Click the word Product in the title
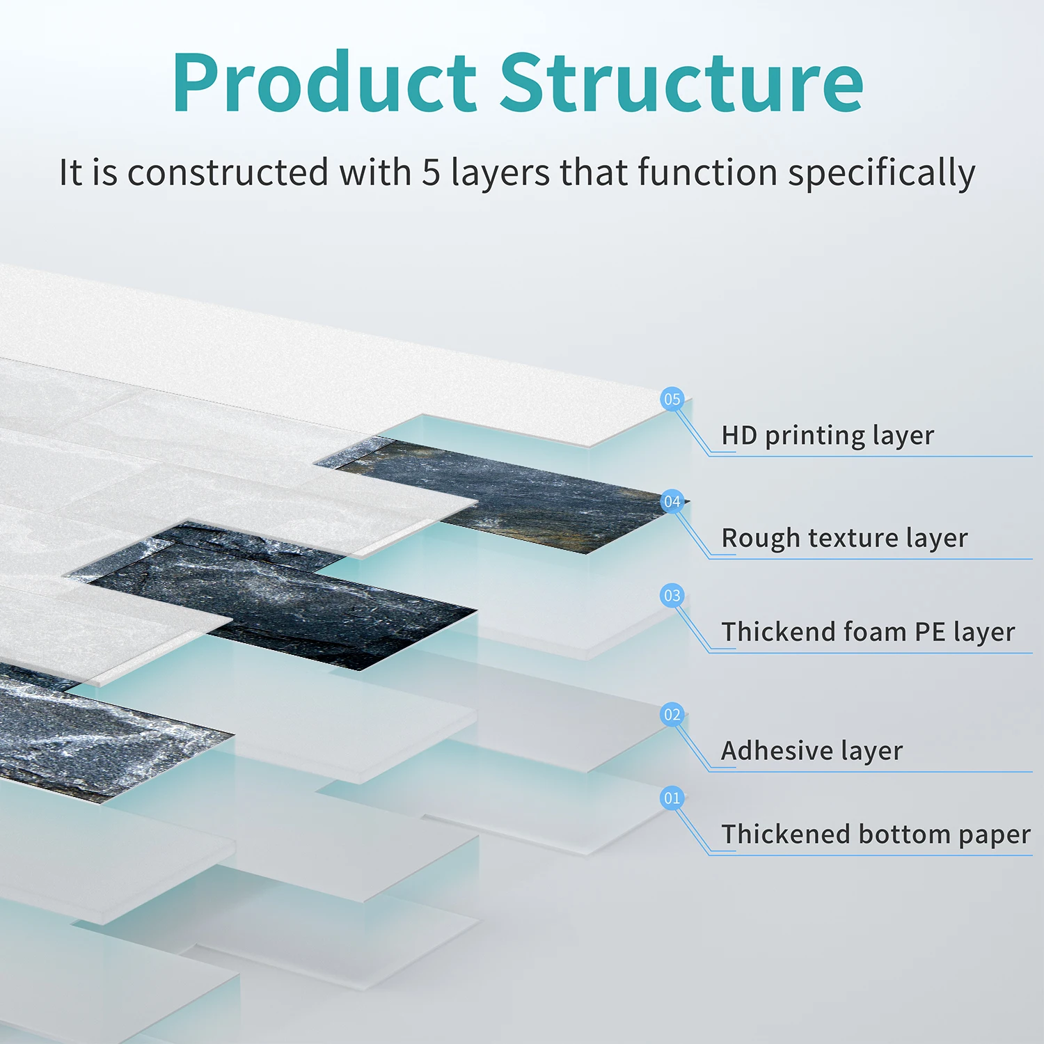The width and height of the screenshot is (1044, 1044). [x=324, y=82]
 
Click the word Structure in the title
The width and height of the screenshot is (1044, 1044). [x=681, y=82]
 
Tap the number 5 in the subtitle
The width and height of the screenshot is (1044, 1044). [x=432, y=172]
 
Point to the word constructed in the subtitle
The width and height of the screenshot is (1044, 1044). [x=228, y=172]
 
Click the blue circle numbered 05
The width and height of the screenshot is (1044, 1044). [x=672, y=400]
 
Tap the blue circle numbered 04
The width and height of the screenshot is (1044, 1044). [x=672, y=502]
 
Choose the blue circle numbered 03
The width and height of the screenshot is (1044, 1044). [x=672, y=596]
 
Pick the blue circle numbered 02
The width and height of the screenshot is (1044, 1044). [x=672, y=715]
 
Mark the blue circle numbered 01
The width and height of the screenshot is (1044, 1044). [x=672, y=798]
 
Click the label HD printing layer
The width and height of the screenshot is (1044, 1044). [x=828, y=436]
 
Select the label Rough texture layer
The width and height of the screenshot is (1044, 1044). [x=844, y=539]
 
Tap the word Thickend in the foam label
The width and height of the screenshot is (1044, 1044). [x=779, y=631]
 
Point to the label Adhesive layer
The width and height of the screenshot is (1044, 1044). [x=812, y=751]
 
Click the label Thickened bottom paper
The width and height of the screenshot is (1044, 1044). [x=876, y=835]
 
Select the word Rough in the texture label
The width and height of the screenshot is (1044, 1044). [x=761, y=539]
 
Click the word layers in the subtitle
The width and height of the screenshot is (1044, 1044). [x=500, y=173]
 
